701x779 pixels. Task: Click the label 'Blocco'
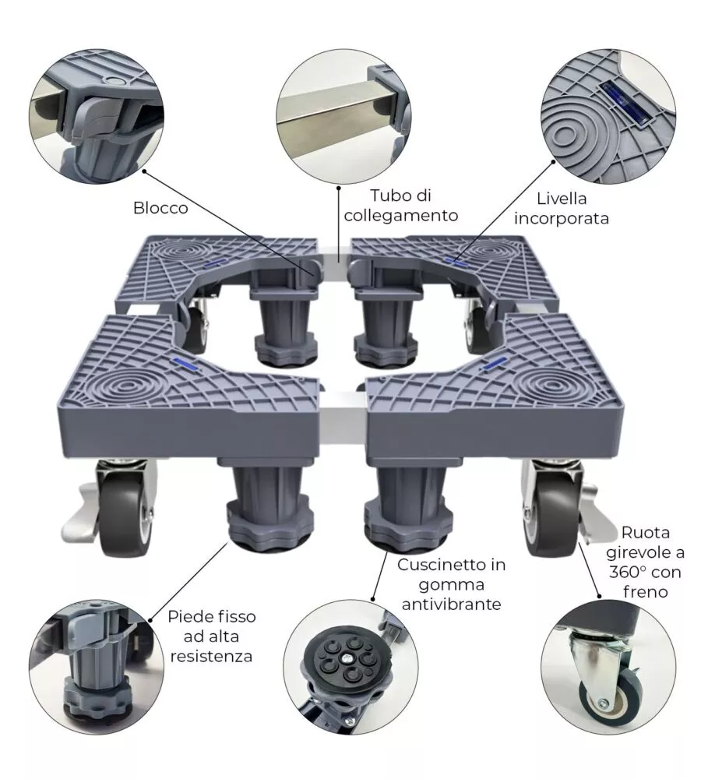[160, 208]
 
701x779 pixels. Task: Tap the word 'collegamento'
[401, 216]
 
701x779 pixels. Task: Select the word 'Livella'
[562, 199]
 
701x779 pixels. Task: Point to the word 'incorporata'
[562, 219]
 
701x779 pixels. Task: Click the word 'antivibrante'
[452, 605]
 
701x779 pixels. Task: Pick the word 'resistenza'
[211, 656]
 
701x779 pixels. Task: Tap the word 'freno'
[646, 592]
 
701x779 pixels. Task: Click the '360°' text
[627, 573]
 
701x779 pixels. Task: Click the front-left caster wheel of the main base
[124, 513]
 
